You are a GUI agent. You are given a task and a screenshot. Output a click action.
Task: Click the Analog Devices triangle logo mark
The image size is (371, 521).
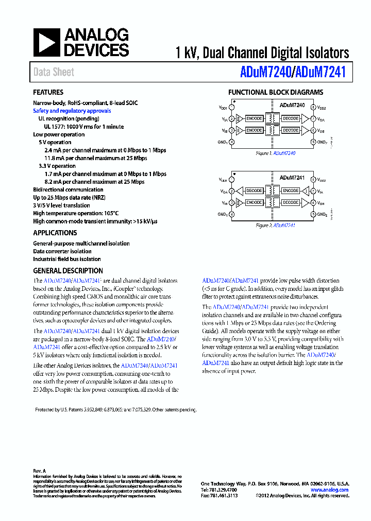46,42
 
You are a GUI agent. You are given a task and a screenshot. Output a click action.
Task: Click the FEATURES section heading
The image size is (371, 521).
48,93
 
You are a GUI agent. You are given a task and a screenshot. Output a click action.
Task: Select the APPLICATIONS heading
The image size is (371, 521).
55,233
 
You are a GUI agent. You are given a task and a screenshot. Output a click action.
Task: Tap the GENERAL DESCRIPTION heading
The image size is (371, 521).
68,271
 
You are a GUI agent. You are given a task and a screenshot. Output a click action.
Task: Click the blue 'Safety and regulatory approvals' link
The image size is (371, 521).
72,111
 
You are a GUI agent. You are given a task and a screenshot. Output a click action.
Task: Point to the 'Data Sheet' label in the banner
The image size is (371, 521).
54,73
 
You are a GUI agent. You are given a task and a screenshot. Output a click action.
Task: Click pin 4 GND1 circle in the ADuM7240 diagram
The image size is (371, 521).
232,142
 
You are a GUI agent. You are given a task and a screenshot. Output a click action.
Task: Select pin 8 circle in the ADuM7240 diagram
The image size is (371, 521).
313,108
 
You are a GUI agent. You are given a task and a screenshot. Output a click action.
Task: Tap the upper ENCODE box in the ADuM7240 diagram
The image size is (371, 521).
254,118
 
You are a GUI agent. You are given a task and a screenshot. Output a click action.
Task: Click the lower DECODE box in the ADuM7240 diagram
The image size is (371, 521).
291,130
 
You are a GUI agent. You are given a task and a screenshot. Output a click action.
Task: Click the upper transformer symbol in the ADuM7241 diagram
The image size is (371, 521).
272,190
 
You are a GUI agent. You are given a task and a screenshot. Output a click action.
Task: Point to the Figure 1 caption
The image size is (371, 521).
276,153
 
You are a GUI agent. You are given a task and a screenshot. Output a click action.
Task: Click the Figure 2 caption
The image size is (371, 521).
276,225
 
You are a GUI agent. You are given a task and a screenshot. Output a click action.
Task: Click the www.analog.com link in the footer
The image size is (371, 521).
330,490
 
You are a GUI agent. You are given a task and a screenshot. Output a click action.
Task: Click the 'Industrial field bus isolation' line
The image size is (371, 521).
67,259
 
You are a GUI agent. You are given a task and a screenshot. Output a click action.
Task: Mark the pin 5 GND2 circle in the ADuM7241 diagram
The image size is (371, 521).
313,214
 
